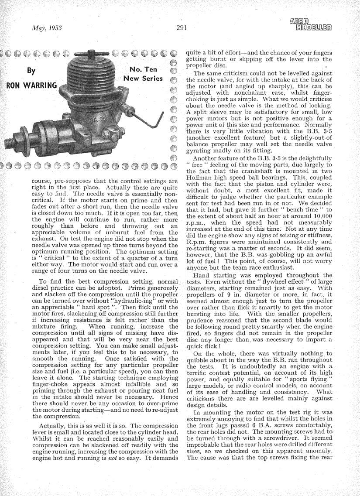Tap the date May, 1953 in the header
47,28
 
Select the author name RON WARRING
31,85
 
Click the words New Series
143,79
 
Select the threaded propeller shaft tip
10,144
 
